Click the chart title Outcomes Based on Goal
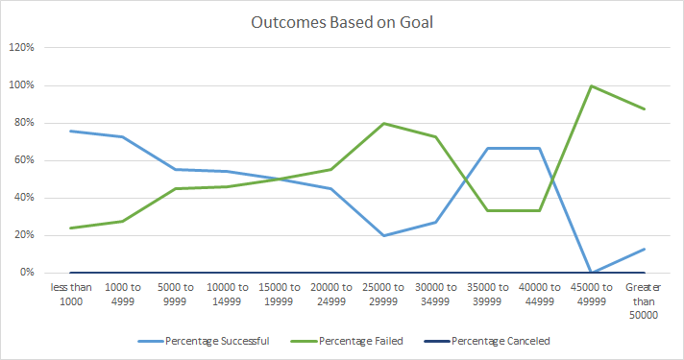tap(341, 22)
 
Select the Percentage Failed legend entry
tap(358, 340)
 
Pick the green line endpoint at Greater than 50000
tap(640, 108)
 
